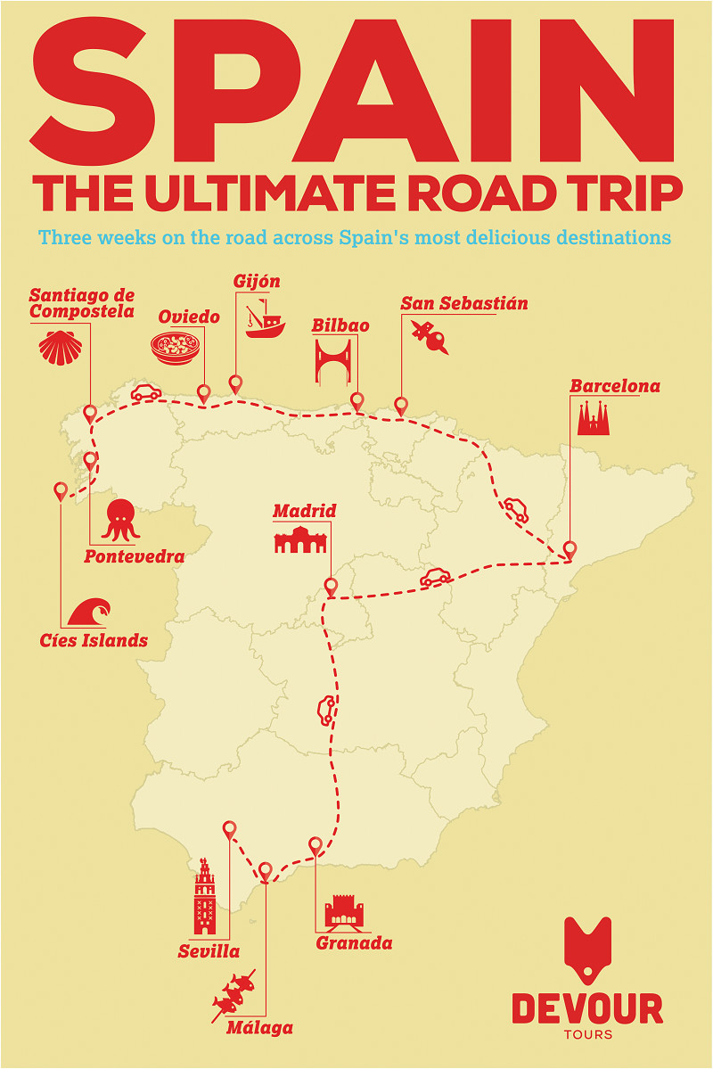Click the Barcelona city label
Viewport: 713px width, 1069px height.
click(x=615, y=386)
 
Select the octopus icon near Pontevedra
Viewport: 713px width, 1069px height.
click(x=120, y=520)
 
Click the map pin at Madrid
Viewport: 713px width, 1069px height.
click(x=331, y=587)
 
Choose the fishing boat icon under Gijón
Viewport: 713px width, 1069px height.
click(x=264, y=320)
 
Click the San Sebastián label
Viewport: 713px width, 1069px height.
click(x=464, y=303)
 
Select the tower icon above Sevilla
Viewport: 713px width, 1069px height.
click(x=205, y=896)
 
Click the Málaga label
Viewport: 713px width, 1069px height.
click(x=258, y=1027)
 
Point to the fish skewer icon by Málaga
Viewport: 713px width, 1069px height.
click(x=234, y=995)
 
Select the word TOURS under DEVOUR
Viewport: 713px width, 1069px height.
click(x=587, y=1034)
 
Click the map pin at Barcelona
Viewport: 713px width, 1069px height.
click(x=569, y=549)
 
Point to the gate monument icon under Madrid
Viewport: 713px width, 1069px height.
click(x=300, y=539)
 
